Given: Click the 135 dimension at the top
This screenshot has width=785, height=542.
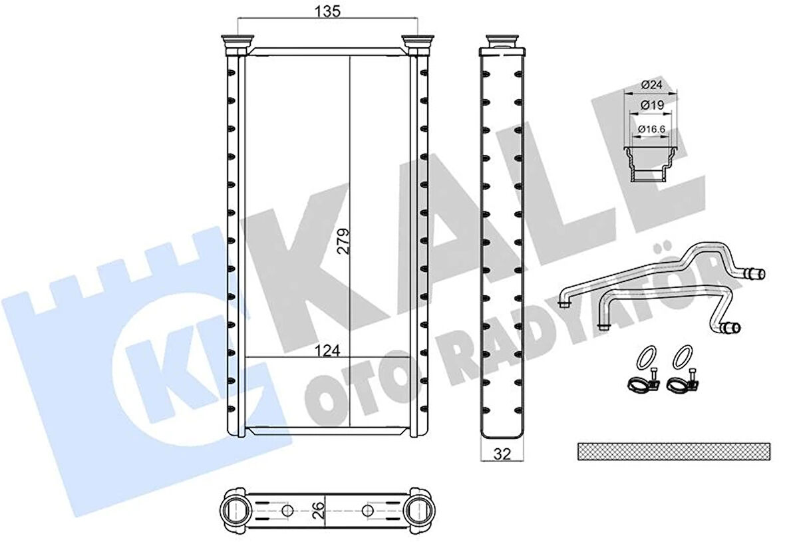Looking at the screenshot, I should coord(327,11).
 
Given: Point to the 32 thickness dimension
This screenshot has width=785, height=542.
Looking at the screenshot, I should coord(502,455).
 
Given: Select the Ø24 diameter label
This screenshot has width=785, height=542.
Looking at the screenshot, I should coord(651,85).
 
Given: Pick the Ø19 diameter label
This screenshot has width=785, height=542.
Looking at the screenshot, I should coord(651,106).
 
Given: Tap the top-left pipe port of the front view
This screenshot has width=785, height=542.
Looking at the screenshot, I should coord(236,45).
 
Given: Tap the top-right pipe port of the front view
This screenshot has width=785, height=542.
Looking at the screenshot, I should coord(418,45).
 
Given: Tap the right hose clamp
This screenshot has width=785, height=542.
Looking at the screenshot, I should coord(681,382).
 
